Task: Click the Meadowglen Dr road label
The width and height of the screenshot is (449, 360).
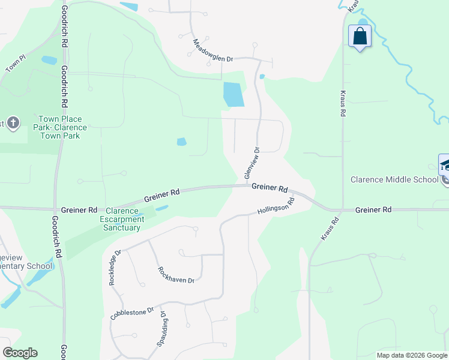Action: tap(212, 50)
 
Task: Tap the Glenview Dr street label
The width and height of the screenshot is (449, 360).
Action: tap(252, 163)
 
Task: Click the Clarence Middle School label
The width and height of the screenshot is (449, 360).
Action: tap(394, 179)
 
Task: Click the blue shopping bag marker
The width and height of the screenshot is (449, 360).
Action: tap(360, 36)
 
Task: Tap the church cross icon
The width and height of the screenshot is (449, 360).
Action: tap(14, 124)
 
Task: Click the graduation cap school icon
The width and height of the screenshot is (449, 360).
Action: tap(444, 165)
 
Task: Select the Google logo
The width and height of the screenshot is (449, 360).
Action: tap(20, 353)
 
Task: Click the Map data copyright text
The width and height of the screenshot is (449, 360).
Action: tap(412, 355)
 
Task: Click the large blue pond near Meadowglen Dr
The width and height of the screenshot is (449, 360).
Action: tap(233, 94)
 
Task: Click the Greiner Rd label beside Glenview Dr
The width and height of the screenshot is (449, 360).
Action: tap(270, 188)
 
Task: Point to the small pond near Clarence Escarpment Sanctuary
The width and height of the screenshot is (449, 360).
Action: tap(161, 208)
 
